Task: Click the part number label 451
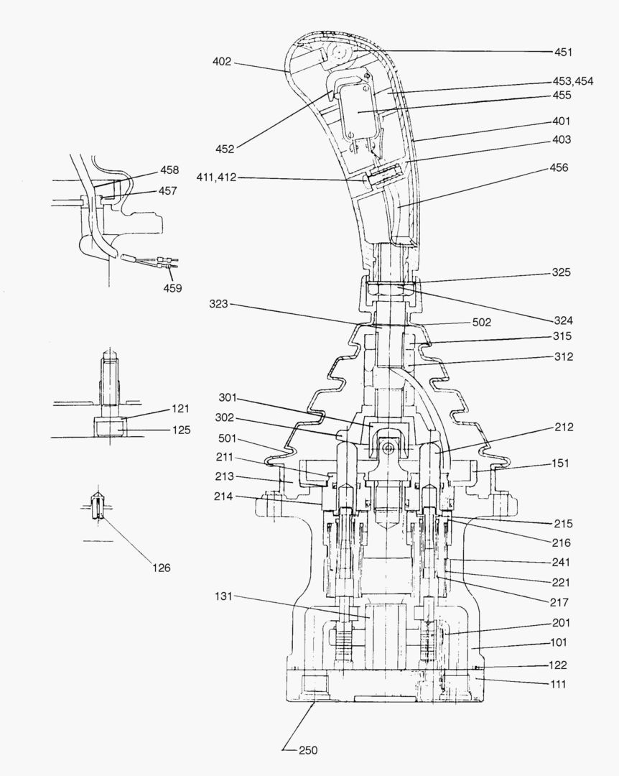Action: (x=563, y=52)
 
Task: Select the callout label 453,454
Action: (x=572, y=81)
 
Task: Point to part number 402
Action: (x=222, y=62)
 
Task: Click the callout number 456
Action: (x=559, y=167)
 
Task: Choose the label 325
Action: (x=562, y=273)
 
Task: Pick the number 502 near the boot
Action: (x=482, y=323)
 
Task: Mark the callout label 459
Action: (x=172, y=288)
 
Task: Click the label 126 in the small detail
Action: (x=161, y=568)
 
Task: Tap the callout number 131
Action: (x=223, y=597)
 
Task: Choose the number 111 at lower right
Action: (x=558, y=684)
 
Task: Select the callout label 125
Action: (x=182, y=430)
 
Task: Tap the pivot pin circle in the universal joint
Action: (x=387, y=448)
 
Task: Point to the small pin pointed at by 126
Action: (x=96, y=503)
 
